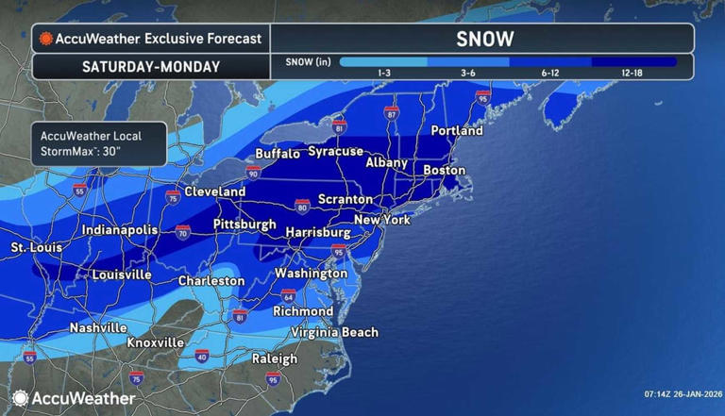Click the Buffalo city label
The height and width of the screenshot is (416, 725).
(278, 154)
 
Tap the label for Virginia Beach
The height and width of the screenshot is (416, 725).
(334, 332)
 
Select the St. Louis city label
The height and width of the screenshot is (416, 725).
(36, 247)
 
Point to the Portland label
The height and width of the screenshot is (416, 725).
(457, 130)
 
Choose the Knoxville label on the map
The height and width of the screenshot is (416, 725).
(156, 341)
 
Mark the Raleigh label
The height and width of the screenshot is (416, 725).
(275, 358)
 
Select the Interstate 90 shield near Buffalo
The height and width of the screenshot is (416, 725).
(253, 173)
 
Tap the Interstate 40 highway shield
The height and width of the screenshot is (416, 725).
(201, 356)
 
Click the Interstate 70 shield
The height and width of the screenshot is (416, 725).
(182, 231)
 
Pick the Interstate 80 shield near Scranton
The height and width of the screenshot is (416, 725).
(302, 204)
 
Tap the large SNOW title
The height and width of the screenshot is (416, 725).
(484, 39)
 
